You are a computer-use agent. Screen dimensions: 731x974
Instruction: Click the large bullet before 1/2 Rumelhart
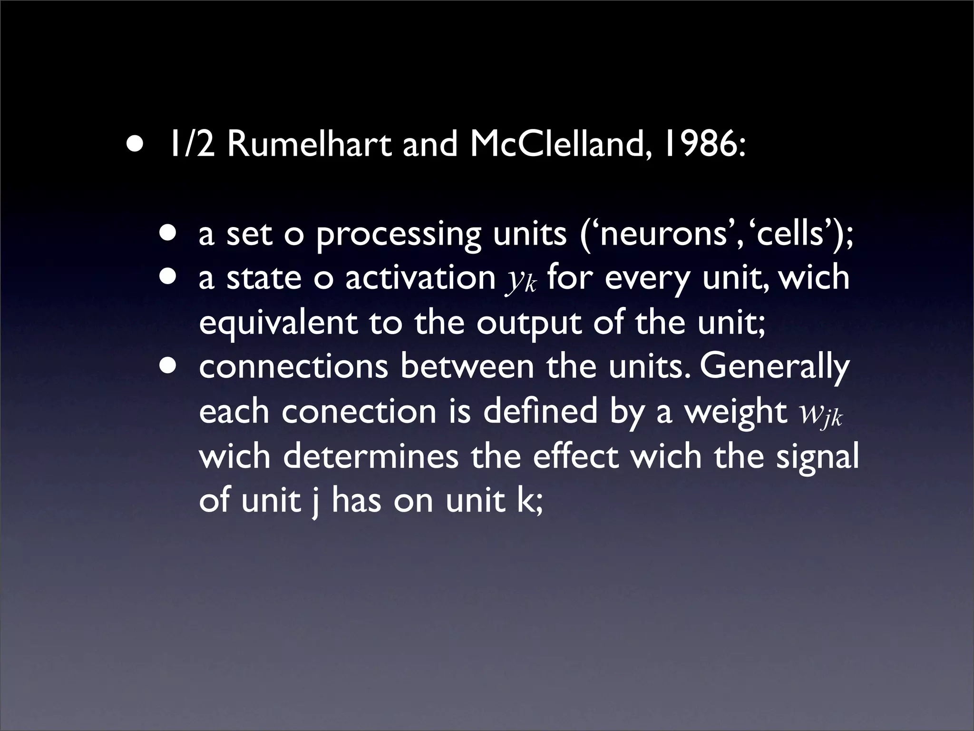pyautogui.click(x=134, y=144)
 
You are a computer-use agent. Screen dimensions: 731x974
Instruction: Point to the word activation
pyautogui.click(x=420, y=278)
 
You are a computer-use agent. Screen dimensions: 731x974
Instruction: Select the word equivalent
pyautogui.click(x=278, y=324)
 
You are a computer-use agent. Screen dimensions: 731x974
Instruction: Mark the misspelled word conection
pyautogui.click(x=359, y=411)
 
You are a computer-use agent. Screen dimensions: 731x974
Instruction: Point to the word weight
pyautogui.click(x=735, y=412)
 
